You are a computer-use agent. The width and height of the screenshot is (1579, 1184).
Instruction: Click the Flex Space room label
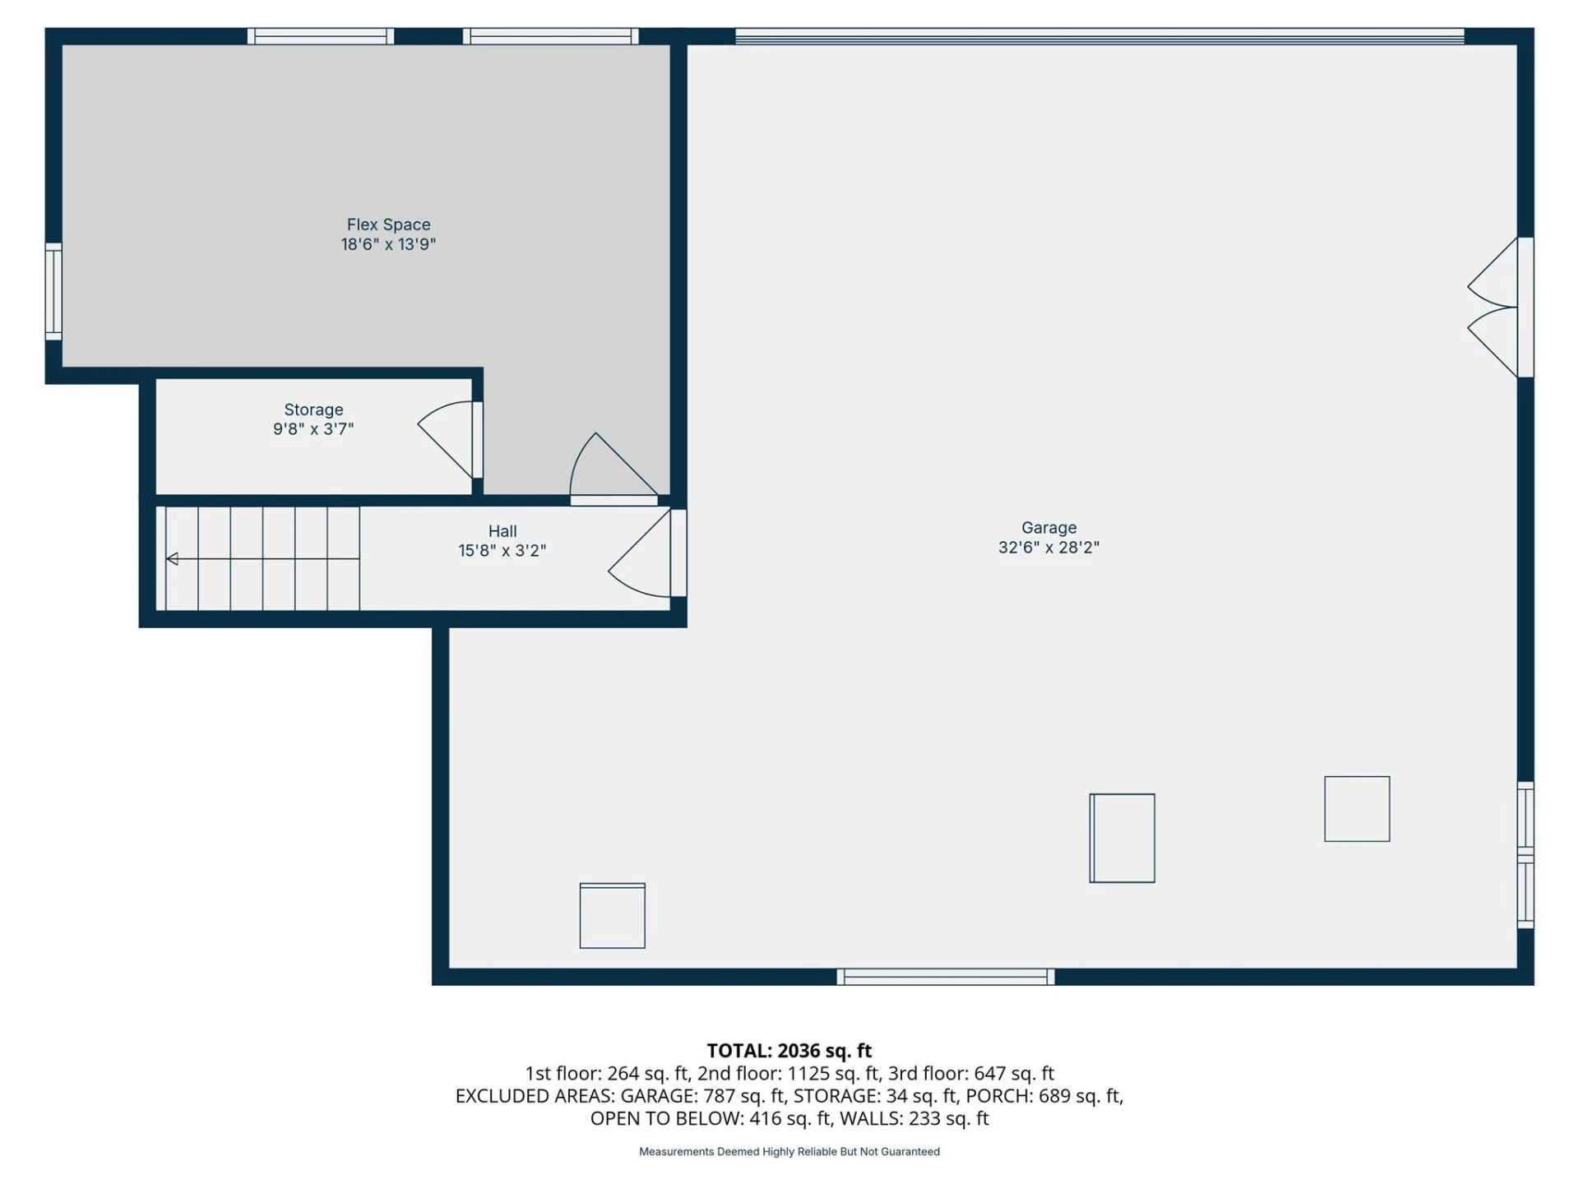[x=388, y=224]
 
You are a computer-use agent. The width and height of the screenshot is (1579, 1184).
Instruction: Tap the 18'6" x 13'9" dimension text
[x=388, y=244]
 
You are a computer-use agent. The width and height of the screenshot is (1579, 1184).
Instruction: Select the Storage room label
[x=313, y=409]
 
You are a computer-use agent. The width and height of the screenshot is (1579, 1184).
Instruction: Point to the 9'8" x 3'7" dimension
[x=313, y=429]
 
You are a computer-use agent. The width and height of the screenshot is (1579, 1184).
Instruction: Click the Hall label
[x=502, y=531]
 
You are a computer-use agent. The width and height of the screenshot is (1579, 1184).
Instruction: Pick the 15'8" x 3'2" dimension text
[x=502, y=551]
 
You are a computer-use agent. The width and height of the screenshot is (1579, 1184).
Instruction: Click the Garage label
[x=1049, y=528]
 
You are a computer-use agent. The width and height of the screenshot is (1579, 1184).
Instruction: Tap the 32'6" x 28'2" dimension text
[x=1049, y=548]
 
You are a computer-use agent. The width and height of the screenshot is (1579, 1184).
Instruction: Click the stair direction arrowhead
[x=172, y=559]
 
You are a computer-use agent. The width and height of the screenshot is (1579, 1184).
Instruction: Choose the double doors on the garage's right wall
[x=1498, y=308]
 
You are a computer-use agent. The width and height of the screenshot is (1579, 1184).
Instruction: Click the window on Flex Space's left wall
[x=53, y=291]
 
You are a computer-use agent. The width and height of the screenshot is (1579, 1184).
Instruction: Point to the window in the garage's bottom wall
[x=946, y=977]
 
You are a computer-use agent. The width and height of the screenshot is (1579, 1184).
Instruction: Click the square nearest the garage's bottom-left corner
[x=613, y=916]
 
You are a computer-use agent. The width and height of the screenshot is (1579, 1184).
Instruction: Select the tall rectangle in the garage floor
[x=1122, y=838]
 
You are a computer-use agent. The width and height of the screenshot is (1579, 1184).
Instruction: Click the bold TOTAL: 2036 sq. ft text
[x=789, y=1051]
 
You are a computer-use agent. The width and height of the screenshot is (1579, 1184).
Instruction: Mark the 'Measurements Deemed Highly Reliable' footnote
[x=789, y=1152]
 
